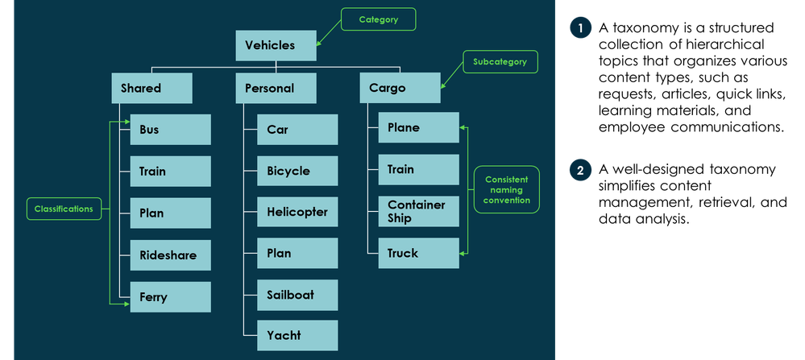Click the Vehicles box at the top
click(x=276, y=45)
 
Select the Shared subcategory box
click(x=151, y=88)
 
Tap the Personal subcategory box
click(x=276, y=88)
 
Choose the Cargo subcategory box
click(x=400, y=88)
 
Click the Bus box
click(x=170, y=130)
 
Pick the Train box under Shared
click(x=170, y=172)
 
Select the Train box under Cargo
click(x=418, y=169)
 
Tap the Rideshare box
click(x=170, y=255)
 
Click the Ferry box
click(x=170, y=297)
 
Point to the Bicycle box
click(x=297, y=171)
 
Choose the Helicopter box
click(x=297, y=212)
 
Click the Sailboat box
click(x=297, y=295)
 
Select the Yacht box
click(x=297, y=335)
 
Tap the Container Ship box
click(x=418, y=211)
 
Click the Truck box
click(x=418, y=253)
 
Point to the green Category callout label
click(x=378, y=19)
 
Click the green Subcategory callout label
click(x=500, y=61)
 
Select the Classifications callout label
click(x=64, y=209)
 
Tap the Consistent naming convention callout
click(x=507, y=189)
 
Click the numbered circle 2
click(x=580, y=170)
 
